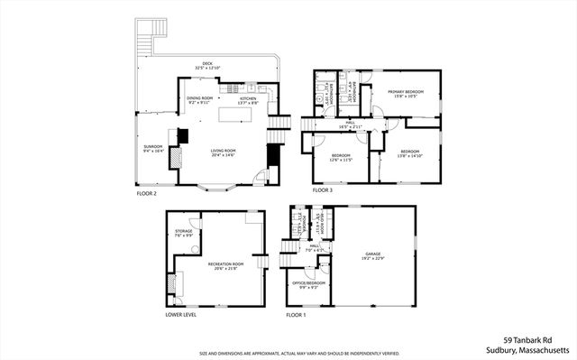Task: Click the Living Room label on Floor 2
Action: coord(223,152)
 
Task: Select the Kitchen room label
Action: coord(248,100)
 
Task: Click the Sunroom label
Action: coord(152,148)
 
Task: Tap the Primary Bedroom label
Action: coord(406,93)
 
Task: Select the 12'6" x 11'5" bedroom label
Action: coord(340,157)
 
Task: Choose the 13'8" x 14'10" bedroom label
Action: coord(409,153)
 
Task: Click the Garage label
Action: coord(373,256)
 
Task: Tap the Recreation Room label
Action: coord(221,265)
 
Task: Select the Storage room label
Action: coord(183,233)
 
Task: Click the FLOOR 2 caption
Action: coord(146,193)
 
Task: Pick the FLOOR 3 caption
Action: coord(323,191)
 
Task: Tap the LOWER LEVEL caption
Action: coord(181,315)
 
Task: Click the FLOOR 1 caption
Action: coord(297,315)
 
